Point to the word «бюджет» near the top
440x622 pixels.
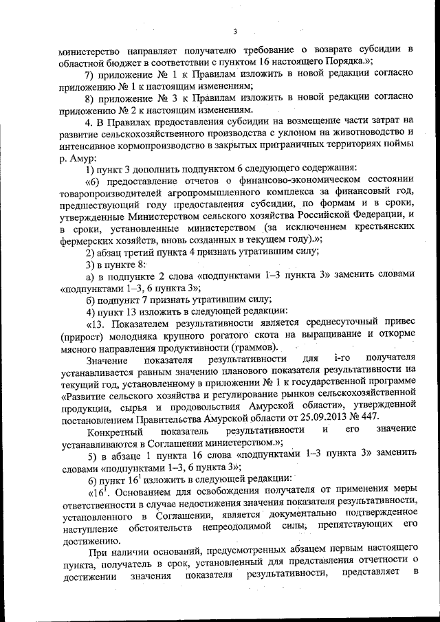coord(124,63)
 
